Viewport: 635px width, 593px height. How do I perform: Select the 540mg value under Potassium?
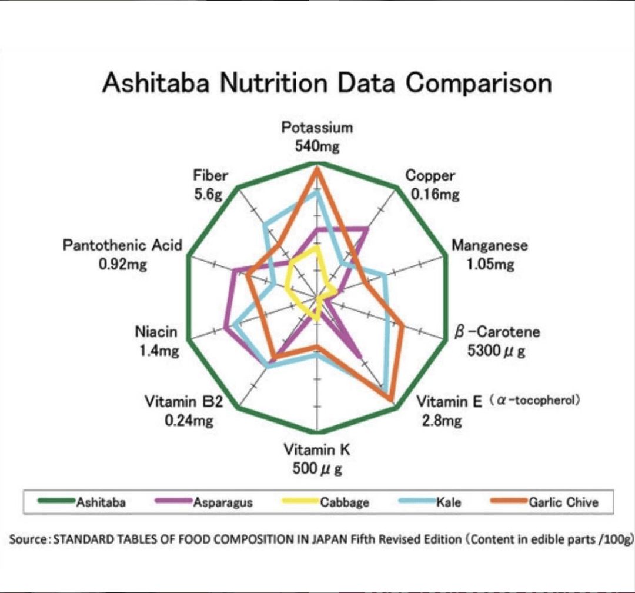[x=317, y=146]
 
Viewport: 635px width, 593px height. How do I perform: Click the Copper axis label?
[x=430, y=175]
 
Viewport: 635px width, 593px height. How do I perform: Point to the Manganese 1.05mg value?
[x=490, y=264]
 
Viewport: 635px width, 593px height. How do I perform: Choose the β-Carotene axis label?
[x=497, y=332]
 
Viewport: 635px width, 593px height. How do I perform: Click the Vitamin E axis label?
[x=449, y=402]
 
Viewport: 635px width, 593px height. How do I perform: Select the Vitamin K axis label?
[x=317, y=451]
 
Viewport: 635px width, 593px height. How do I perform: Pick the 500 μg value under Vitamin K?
[x=317, y=469]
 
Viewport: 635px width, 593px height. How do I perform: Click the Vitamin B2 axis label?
[x=184, y=402]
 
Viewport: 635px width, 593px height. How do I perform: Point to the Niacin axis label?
[x=156, y=332]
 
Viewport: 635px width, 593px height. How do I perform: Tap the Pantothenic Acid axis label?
[x=122, y=245]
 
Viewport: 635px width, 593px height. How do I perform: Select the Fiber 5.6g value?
[x=208, y=194]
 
